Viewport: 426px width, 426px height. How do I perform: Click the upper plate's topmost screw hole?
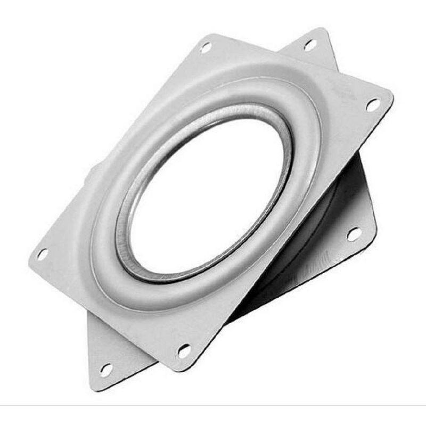tap(206, 47)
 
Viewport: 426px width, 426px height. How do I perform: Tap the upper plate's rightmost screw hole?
tap(373, 104)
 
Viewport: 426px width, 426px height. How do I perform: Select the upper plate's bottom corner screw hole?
tap(184, 350)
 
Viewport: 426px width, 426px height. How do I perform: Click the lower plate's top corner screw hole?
tap(310, 45)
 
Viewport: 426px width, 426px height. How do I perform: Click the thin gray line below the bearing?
tap(213, 406)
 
